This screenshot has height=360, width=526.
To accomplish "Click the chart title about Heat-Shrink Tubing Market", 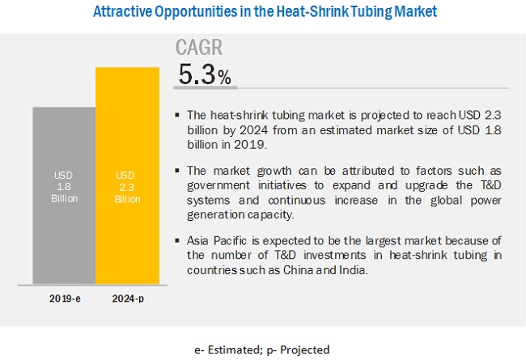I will point(263,12).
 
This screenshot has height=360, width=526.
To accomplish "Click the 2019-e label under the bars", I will point(63,297).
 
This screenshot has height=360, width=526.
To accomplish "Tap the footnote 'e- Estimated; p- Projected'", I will point(263,350).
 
